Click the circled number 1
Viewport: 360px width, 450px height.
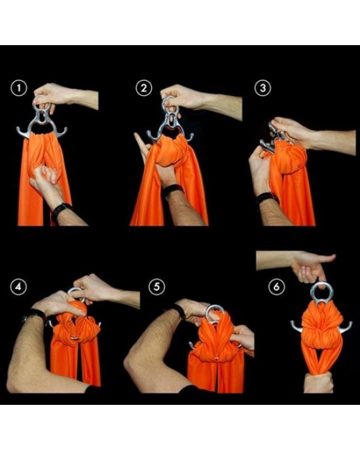pos(19,88)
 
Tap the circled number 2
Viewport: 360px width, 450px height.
pos(143,88)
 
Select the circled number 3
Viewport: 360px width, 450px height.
pos(262,88)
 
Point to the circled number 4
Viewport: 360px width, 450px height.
pos(18,286)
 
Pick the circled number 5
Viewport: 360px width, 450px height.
pos(157,286)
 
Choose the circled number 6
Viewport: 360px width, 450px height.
pos(276,286)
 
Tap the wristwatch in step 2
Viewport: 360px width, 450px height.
pos(172,190)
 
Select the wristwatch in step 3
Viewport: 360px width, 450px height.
pos(266,197)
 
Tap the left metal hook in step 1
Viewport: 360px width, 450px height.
pos(23,131)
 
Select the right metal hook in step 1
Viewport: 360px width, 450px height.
pos(60,132)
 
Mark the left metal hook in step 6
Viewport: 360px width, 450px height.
pos(297,327)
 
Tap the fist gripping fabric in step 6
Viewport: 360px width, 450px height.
pos(318,382)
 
